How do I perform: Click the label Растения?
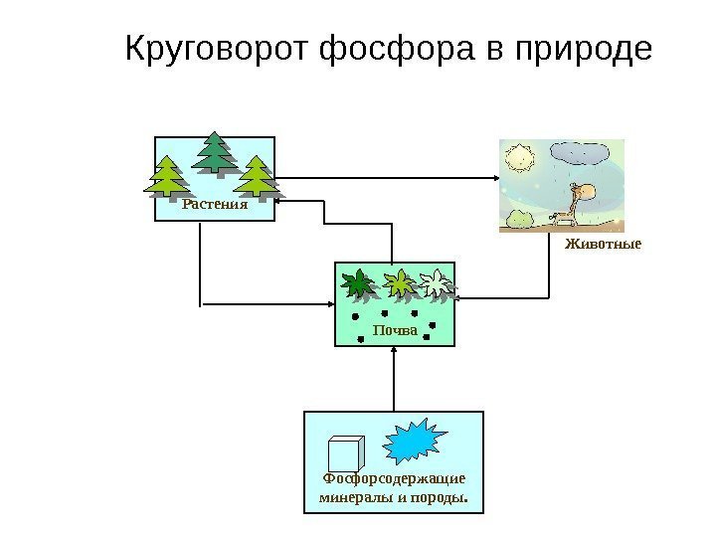point(214,208)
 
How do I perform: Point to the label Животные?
point(604,243)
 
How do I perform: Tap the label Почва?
point(394,330)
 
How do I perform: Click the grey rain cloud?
point(582,153)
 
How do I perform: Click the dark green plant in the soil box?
point(357,284)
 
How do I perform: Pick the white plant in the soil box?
point(435,283)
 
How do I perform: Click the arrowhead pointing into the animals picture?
point(493,179)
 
